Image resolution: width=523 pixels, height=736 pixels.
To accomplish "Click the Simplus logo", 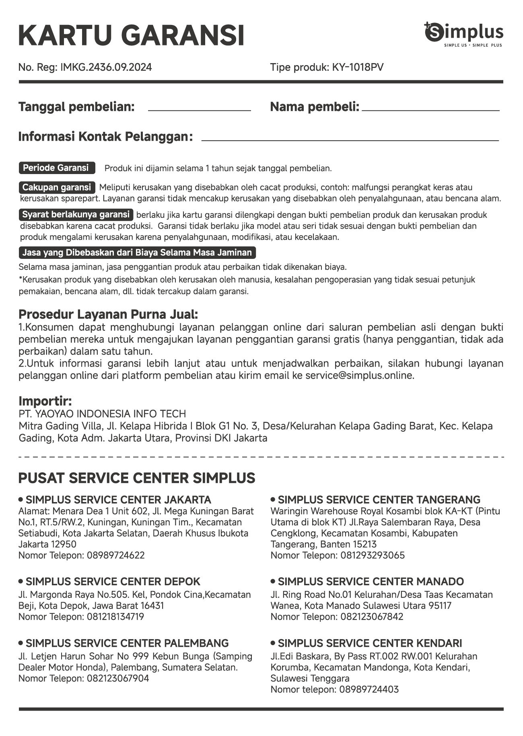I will tap(463, 34).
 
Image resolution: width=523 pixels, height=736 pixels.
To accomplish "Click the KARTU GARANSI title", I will tap(131, 35).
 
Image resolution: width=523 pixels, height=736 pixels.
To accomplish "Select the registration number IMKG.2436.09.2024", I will tap(106, 67).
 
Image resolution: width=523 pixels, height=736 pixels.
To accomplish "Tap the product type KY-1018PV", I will tap(358, 67).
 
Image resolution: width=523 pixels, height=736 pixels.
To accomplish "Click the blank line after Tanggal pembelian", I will tap(200, 110).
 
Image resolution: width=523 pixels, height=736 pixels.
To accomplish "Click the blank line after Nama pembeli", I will tap(430, 110).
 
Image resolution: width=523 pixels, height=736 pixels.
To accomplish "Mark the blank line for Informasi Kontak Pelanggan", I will tap(350, 140).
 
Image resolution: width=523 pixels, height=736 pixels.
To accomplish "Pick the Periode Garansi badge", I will tap(57, 168).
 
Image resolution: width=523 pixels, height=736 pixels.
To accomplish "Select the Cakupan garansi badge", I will tap(57, 187).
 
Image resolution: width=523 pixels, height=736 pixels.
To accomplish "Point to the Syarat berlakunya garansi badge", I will tap(76, 215).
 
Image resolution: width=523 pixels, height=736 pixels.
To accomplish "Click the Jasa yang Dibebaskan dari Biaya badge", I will tap(137, 253).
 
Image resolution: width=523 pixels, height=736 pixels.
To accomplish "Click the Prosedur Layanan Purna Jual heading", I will tap(108, 314).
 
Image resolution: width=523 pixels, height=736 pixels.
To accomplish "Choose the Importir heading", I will tap(45, 401).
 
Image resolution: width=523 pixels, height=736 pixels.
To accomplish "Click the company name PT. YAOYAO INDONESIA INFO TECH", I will tap(102, 414).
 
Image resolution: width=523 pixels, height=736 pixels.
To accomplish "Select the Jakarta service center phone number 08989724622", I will tap(115, 555).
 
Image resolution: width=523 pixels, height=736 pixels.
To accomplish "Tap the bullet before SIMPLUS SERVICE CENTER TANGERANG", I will tap(273, 499).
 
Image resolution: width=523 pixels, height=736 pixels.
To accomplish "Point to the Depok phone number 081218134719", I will tap(115, 617).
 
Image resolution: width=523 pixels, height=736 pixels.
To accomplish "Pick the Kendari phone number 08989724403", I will tap(369, 689).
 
